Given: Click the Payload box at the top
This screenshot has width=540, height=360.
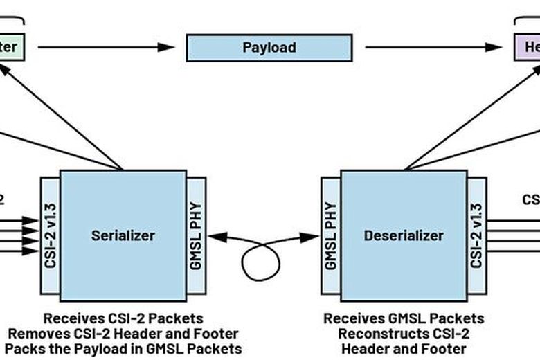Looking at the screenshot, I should [x=269, y=48].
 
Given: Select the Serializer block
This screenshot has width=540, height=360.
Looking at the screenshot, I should [x=123, y=235].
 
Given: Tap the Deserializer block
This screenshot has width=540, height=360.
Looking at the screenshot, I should [x=403, y=235].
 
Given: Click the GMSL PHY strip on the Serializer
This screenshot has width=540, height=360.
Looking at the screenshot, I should [x=196, y=235].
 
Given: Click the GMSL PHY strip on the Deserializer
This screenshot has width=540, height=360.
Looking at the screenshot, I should [x=330, y=235].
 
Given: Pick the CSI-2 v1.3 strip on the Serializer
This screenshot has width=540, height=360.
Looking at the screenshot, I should [x=50, y=235].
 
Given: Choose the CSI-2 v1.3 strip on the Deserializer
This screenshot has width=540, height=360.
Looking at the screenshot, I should [x=477, y=235].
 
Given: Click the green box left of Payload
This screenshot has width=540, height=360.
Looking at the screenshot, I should [x=12, y=48].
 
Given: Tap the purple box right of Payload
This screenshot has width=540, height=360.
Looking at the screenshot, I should [x=526, y=48].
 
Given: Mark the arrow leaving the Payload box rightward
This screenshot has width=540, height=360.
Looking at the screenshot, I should [x=433, y=47].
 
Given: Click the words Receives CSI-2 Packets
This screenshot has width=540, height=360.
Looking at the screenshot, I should [x=123, y=318].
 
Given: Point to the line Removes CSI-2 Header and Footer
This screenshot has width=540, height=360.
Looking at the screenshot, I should [x=123, y=333].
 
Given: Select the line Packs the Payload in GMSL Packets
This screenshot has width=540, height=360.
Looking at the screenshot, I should [x=123, y=348].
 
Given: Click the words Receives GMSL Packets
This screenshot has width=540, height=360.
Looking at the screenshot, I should [x=404, y=318].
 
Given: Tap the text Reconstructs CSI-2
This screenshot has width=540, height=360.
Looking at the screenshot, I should [x=404, y=333].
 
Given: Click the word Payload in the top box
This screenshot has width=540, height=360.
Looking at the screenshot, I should [x=269, y=48].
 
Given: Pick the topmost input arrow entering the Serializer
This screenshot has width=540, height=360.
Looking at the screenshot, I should [x=21, y=220].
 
